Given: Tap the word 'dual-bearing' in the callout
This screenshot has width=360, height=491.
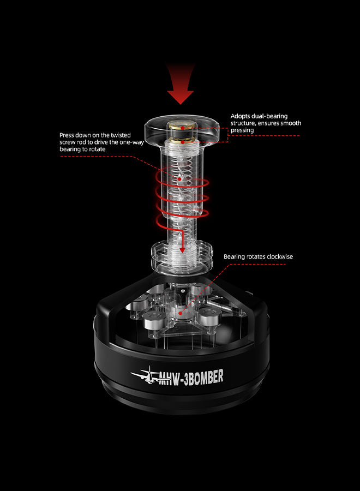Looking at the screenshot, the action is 269,116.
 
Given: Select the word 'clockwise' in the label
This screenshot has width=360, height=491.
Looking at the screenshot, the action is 280,256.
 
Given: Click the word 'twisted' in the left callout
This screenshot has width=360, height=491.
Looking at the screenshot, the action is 121,135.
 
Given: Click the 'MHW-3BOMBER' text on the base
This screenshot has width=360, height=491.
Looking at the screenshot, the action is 191,377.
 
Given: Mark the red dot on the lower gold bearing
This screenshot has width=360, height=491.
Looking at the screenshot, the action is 183,142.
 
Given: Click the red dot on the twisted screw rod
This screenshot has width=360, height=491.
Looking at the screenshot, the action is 179,179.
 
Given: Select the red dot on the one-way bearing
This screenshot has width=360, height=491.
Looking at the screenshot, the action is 181,313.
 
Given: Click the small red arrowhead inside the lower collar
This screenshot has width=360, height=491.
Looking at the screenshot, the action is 182,250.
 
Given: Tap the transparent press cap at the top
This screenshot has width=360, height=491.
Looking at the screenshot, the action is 182,129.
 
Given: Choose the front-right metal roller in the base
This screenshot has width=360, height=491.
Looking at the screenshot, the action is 210,316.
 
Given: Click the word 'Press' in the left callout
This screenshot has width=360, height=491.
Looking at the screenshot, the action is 67,135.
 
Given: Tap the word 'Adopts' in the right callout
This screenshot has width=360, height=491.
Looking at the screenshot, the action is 240,117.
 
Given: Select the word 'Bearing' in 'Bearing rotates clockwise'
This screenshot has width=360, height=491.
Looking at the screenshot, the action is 234,257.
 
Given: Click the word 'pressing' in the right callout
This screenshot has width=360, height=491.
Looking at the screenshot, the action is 242,130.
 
